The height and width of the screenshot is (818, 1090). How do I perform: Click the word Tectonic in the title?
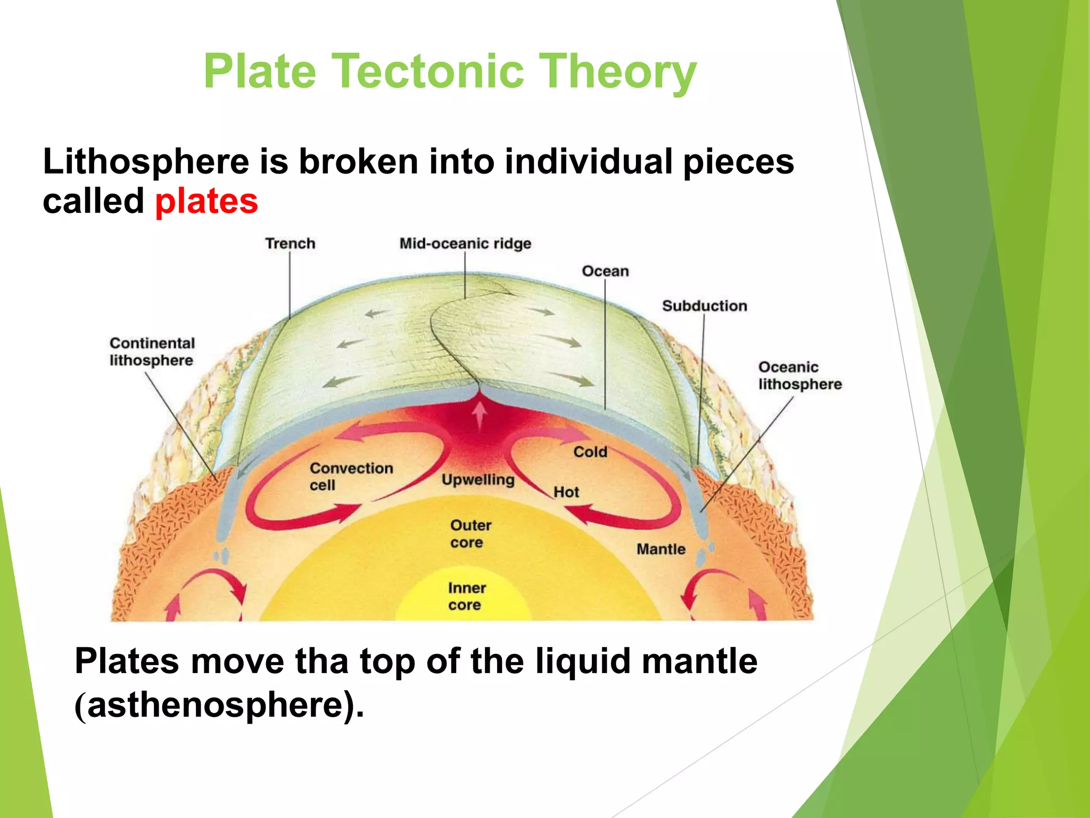428,72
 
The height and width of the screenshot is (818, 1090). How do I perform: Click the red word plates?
207,202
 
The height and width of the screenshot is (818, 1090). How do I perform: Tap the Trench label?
290,243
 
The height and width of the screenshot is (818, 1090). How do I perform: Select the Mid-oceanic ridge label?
465,243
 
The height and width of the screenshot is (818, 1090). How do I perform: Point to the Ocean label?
605,271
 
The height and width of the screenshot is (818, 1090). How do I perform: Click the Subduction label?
704,306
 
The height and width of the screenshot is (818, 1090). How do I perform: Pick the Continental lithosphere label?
152,351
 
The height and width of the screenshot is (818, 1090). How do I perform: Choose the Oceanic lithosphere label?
799,375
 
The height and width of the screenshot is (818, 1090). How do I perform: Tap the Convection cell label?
351,476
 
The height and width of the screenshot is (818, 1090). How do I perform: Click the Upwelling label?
478,479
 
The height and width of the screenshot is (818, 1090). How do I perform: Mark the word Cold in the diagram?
590,452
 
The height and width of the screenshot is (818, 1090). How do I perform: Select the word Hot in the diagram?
566,492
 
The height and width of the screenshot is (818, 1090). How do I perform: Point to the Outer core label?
470,534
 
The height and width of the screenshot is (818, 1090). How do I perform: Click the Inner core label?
466,596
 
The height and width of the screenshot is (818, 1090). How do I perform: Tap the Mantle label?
660,549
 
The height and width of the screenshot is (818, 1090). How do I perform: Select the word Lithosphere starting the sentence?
145,162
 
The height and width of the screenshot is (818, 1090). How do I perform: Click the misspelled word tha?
321,661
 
